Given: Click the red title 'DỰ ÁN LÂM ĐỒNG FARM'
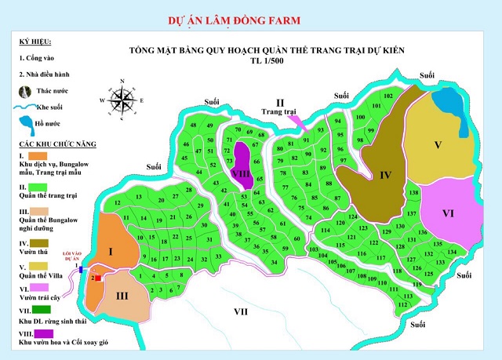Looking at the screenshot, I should pos(233,18).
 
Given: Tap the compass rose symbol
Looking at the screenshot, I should pos(122,100).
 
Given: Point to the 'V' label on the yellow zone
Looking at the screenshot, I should pos(438,144).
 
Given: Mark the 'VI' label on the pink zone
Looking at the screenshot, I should pos(448,213).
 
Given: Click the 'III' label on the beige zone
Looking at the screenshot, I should pos(122,296).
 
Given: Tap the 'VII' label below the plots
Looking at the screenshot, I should pos(241,311).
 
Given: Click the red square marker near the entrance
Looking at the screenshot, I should pos(97,278).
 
